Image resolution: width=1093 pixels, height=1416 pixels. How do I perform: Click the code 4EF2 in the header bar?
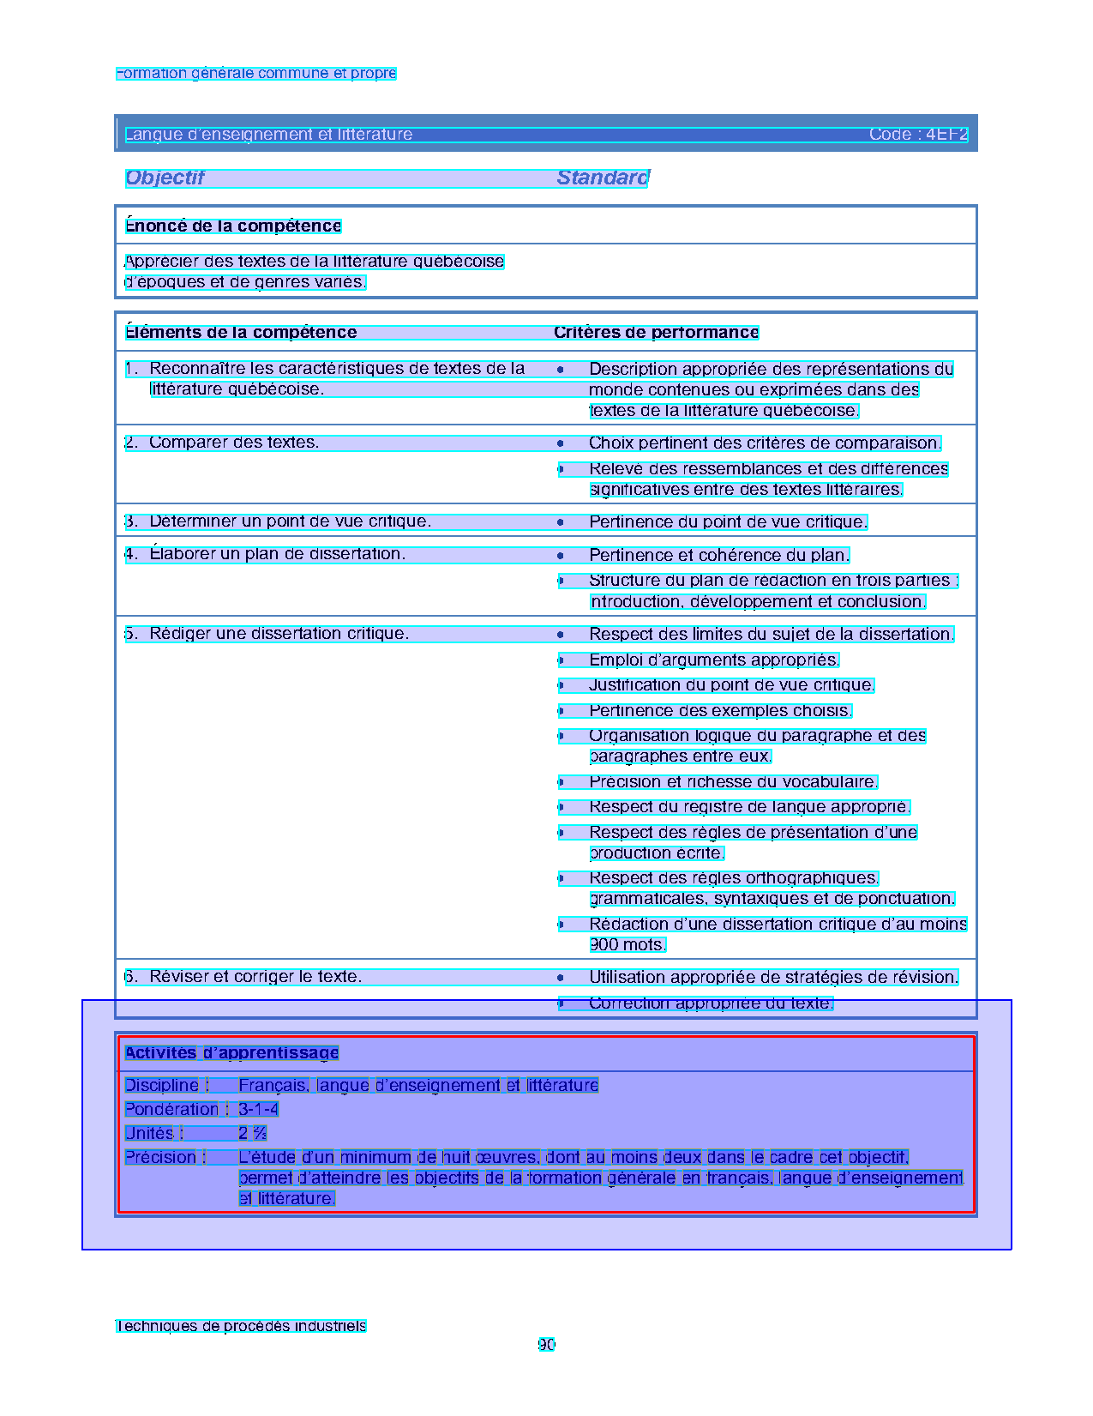[946, 135]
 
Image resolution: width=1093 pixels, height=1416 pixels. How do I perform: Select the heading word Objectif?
[165, 178]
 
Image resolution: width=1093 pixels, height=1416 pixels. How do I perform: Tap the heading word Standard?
[603, 178]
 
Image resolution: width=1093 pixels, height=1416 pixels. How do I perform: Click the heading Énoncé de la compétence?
[233, 226]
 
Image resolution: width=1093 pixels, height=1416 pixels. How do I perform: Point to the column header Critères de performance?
[656, 333]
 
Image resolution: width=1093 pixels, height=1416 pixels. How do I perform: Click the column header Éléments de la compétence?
[241, 333]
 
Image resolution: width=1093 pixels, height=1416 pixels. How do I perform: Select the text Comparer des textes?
[233, 443]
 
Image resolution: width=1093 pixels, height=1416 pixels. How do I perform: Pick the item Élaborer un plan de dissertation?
[277, 554]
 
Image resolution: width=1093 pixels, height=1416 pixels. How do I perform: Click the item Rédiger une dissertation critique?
[279, 634]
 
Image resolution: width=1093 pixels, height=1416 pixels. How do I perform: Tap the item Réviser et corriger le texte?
[255, 977]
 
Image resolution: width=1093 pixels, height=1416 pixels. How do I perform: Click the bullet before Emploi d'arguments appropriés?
[561, 660]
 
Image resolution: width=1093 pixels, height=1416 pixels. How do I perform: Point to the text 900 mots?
[628, 945]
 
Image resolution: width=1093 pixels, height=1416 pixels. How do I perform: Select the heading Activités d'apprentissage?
[231, 1053]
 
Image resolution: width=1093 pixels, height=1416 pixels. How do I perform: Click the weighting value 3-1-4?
[258, 1110]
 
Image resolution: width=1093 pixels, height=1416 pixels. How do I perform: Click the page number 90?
[546, 1345]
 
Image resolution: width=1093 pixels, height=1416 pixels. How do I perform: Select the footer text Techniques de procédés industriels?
[241, 1326]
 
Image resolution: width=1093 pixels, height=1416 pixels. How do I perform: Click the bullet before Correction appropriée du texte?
[561, 1003]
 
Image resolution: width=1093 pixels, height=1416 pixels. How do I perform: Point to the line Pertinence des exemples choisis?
[720, 711]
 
